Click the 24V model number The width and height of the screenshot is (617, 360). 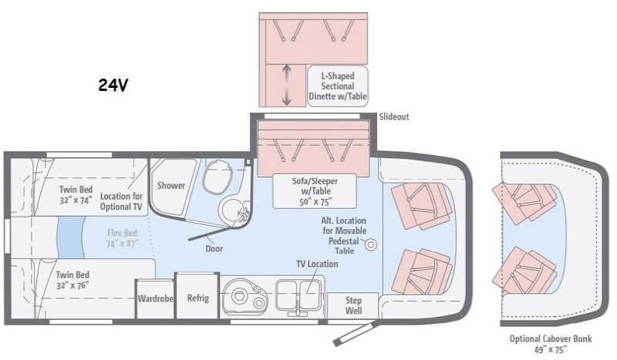113,86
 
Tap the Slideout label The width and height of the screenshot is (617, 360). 393,117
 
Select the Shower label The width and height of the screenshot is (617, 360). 171,185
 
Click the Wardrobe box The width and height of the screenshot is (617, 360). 155,298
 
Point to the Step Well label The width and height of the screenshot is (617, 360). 353,305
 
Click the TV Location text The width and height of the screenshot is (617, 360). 317,264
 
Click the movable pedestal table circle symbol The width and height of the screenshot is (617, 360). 371,245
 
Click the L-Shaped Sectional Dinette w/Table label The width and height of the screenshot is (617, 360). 339,86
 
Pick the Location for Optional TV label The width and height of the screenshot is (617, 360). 121,202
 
